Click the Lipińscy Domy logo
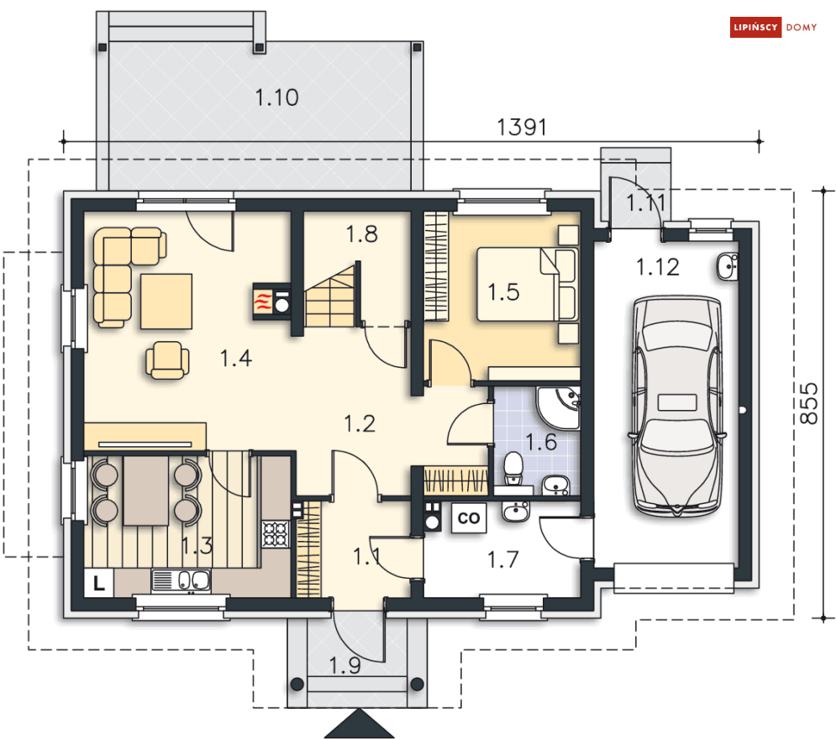pos(773,27)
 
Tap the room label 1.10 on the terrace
pos(276,97)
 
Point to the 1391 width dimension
pos(522,128)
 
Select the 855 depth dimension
pos(809,403)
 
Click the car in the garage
pos(677,406)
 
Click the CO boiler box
pos(469,517)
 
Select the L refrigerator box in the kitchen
pos(99,583)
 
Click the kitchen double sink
pos(181,580)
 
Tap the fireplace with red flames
pos(271,302)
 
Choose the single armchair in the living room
pos(167,360)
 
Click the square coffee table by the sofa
pos(166,302)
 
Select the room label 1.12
pos(658,267)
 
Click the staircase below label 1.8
pos(330,296)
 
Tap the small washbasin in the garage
pos(728,266)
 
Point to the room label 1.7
pos(502,559)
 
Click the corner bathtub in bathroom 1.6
pos(559,408)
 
